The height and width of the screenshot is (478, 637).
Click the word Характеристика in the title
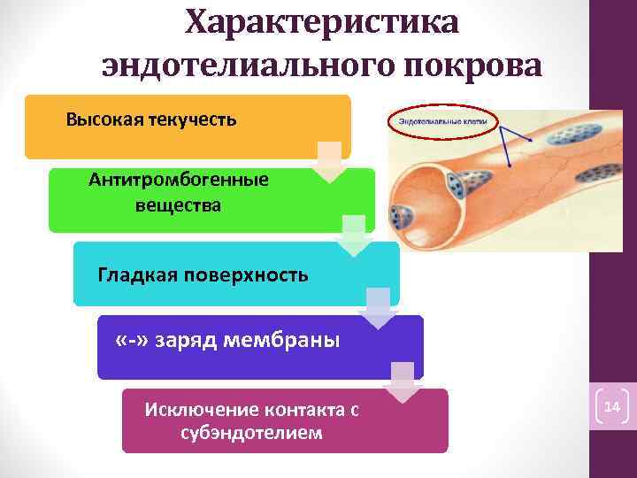[322, 21]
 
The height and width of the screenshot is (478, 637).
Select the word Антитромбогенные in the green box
[179, 180]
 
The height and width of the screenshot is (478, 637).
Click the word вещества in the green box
[179, 205]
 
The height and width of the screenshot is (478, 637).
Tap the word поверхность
[247, 274]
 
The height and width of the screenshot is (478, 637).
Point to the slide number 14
[612, 408]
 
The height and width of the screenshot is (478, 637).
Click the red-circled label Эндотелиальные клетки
[442, 121]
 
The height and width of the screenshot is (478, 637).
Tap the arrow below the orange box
[330, 162]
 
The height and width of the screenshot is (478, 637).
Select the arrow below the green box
[354, 235]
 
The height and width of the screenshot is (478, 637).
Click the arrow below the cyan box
[378, 307]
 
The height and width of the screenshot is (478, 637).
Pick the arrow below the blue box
[403, 382]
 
